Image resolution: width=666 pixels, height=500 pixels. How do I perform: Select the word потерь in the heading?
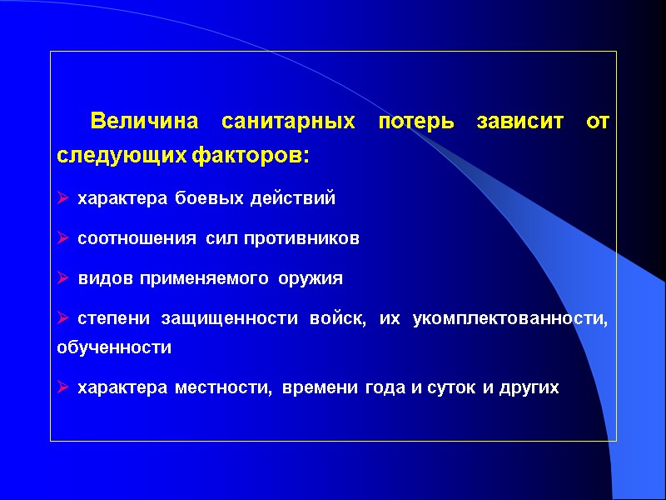click(416, 122)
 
